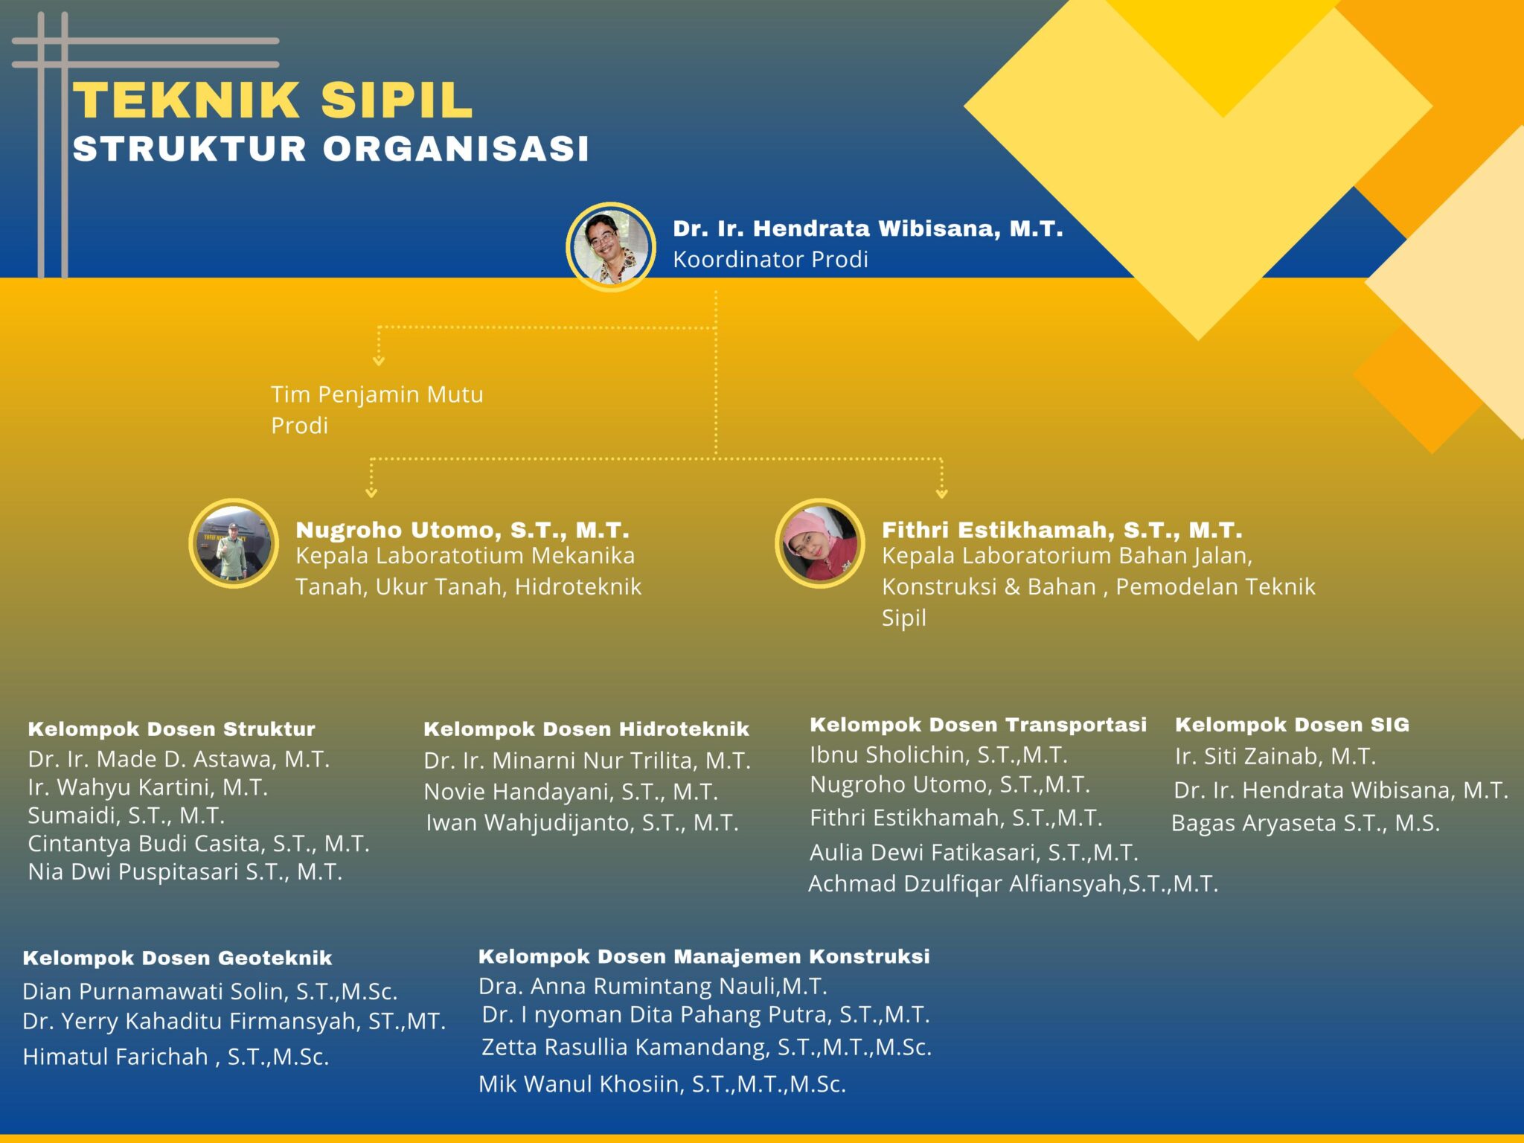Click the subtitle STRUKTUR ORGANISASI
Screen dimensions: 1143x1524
330,149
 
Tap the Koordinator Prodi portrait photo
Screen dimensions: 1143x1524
610,246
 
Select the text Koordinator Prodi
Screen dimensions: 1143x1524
770,260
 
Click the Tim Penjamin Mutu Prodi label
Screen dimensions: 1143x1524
377,409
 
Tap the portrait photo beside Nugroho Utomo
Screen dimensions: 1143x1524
234,543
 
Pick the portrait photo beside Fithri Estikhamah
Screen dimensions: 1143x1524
819,543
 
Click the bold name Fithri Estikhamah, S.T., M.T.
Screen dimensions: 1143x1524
1062,530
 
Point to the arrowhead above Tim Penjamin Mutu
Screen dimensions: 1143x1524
379,361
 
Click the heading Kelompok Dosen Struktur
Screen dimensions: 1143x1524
171,729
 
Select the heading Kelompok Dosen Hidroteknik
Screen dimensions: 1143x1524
586,729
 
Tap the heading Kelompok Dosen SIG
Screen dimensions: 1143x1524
1292,725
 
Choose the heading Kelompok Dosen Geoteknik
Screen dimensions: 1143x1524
177,958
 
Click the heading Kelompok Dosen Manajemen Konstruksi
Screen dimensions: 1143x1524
704,956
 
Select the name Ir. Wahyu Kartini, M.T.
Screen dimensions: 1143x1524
147,787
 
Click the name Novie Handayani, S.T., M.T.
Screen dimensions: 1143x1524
571,792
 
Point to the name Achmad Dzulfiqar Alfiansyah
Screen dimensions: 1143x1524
1013,884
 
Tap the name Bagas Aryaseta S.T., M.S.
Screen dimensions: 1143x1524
1305,823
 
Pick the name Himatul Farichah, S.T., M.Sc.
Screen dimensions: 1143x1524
176,1057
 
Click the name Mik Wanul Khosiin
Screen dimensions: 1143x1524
662,1084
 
